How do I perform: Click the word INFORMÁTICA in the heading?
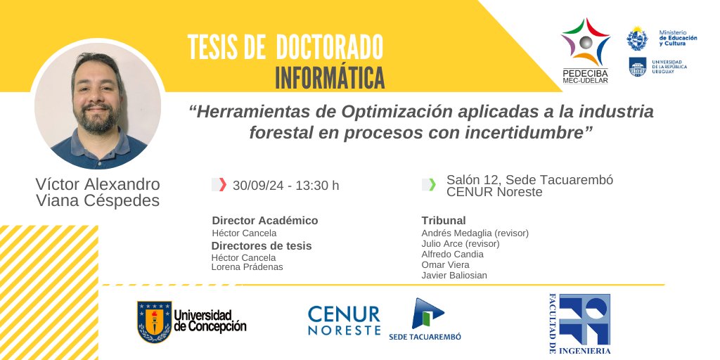tap(330, 76)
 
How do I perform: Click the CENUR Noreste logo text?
tap(344, 321)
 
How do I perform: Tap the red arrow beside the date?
tap(223, 185)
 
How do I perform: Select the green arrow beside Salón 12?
tap(432, 185)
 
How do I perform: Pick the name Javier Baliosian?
tap(454, 275)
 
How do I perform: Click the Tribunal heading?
tap(444, 220)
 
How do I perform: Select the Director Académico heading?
tap(264, 220)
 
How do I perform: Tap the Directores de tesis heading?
tap(262, 245)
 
